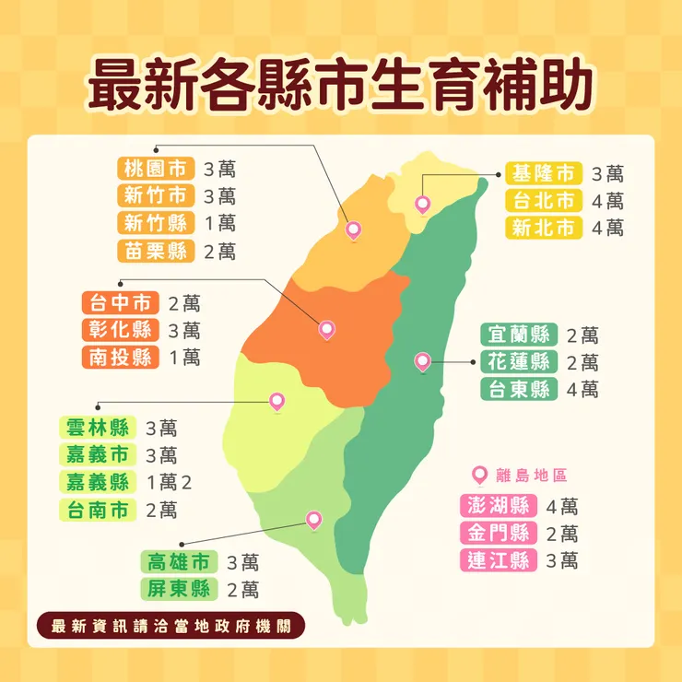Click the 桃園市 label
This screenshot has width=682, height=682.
pyautogui.click(x=157, y=169)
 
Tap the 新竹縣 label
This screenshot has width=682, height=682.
pyautogui.click(x=157, y=223)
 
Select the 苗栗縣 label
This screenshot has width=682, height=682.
pyautogui.click(x=157, y=250)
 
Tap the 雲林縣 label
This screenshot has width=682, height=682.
pyautogui.click(x=97, y=428)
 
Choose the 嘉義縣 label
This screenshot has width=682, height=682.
pyautogui.click(x=97, y=481)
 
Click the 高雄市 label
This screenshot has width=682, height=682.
pyautogui.click(x=178, y=562)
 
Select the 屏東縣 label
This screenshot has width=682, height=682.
pyautogui.click(x=178, y=589)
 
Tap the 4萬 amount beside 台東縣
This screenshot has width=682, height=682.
pyautogui.click(x=582, y=389)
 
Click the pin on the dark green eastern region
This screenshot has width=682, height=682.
pyautogui.click(x=422, y=360)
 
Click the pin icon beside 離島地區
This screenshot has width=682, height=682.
pyautogui.click(x=478, y=475)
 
